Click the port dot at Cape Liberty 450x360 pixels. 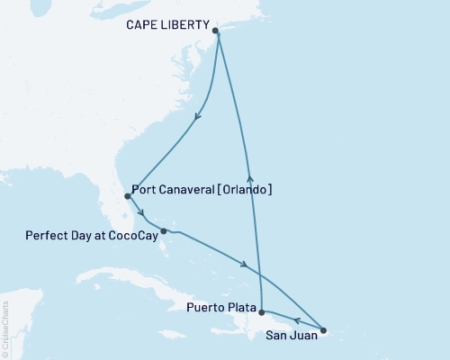tap(216, 31)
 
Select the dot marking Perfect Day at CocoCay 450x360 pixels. tap(164, 231)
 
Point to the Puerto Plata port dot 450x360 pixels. tap(261, 312)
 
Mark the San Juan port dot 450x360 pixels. tap(324, 329)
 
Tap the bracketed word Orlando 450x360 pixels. tap(246, 191)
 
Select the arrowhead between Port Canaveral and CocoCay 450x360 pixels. tap(141, 213)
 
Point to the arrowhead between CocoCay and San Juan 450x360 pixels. tap(245, 264)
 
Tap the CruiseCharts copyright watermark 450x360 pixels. tap(5, 323)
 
